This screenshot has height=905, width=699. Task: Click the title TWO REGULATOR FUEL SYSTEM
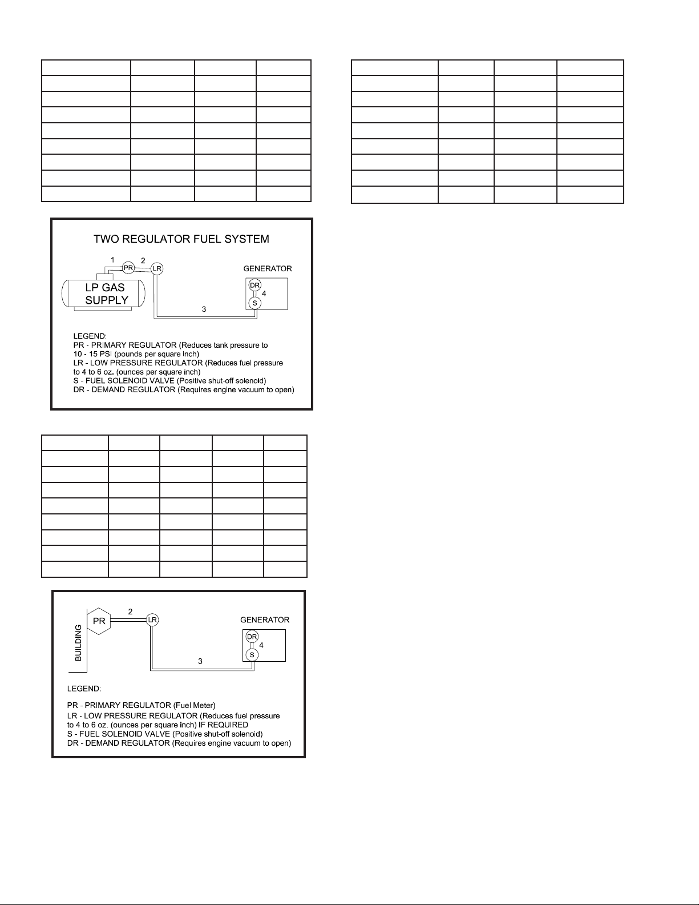click(x=181, y=239)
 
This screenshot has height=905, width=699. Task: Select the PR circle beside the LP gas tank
click(x=128, y=267)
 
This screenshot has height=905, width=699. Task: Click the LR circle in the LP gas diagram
click(x=157, y=268)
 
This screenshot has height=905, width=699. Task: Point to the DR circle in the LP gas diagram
click(x=254, y=285)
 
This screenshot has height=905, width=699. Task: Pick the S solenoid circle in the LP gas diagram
click(x=254, y=303)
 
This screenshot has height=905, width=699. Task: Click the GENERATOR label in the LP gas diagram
click(x=268, y=268)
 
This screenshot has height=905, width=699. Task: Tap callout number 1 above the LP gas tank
click(x=113, y=260)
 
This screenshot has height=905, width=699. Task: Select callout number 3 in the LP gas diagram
click(x=204, y=309)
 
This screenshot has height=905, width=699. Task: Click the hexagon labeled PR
click(x=99, y=621)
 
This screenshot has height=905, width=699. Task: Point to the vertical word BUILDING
click(x=78, y=642)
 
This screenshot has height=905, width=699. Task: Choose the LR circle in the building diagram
click(x=152, y=620)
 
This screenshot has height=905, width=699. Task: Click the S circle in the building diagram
click(x=252, y=655)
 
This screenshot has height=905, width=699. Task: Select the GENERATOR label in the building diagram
click(x=265, y=620)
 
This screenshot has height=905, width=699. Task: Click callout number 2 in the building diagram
click(x=130, y=612)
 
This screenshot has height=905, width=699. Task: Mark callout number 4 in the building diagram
click(x=261, y=645)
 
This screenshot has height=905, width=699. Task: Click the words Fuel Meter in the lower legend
click(x=193, y=706)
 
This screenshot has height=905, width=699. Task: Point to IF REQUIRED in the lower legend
click(x=223, y=725)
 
